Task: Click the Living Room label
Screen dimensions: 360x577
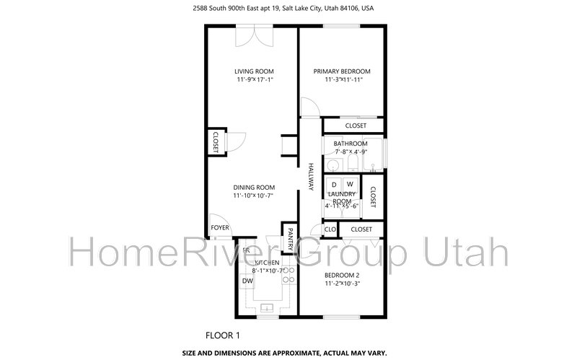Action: pyautogui.click(x=254, y=71)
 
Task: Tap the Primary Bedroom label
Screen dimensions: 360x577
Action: pyautogui.click(x=341, y=71)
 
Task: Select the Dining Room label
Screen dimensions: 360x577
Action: pyautogui.click(x=253, y=188)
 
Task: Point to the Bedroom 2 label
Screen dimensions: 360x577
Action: pyautogui.click(x=341, y=275)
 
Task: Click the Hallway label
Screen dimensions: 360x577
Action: pyautogui.click(x=312, y=176)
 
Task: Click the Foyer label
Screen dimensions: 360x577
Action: pyautogui.click(x=220, y=228)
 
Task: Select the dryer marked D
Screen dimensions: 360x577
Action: pyautogui.click(x=334, y=185)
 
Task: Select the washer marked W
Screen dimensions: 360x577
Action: pyautogui.click(x=350, y=185)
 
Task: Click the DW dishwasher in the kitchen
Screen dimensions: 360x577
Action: pyautogui.click(x=247, y=281)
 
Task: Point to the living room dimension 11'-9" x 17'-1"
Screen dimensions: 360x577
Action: pyautogui.click(x=254, y=80)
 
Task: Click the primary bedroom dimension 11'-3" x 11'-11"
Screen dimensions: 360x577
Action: pyautogui.click(x=341, y=80)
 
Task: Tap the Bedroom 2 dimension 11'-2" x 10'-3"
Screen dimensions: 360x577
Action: pyautogui.click(x=341, y=284)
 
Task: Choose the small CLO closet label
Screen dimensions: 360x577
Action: pyautogui.click(x=330, y=229)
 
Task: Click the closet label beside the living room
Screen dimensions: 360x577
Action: pyautogui.click(x=216, y=141)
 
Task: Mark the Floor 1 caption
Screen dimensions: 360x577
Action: pyautogui.click(x=223, y=335)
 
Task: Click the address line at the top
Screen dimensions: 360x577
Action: pyautogui.click(x=288, y=9)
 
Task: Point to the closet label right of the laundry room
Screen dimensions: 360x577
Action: pyautogui.click(x=373, y=198)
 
